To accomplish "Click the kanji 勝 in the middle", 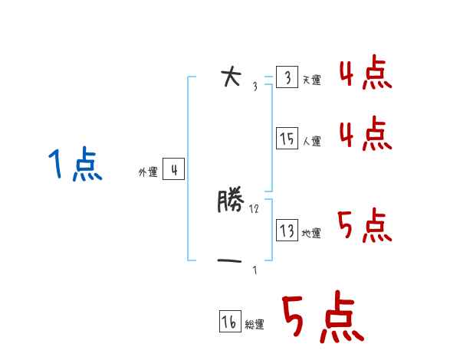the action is pos(230,201).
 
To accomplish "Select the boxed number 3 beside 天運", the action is pos(287,77).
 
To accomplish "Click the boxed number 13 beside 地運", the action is pos(287,230).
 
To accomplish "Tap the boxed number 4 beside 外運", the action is pos(174,170).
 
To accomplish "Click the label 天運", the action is pos(312,80).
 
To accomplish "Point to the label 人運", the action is pos(312,141).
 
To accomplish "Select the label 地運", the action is pos(312,233).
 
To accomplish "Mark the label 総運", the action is pos(255,325).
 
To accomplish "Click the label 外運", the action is pos(148,173).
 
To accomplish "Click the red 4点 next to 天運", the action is pos(365,74).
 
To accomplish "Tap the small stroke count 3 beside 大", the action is pos(255,87).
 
